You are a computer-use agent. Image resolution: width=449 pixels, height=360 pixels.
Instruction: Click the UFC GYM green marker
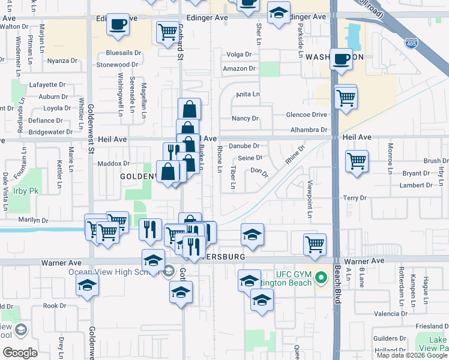[x=321, y=278]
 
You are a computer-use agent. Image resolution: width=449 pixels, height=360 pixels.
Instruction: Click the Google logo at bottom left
[x=20, y=352]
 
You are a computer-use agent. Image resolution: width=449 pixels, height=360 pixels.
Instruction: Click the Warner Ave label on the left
[x=61, y=263]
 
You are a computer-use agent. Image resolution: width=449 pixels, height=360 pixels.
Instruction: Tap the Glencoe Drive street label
[x=307, y=115]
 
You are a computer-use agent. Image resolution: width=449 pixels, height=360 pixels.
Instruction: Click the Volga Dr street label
[x=239, y=55]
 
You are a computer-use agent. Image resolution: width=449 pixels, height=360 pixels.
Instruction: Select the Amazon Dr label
[x=235, y=69]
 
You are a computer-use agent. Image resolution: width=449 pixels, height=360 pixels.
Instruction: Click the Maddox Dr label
[x=114, y=163]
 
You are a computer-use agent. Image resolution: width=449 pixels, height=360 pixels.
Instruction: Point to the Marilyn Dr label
[x=33, y=220]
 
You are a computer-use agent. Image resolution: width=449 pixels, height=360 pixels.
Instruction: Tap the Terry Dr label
[x=354, y=197]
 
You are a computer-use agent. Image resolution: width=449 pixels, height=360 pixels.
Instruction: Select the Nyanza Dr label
[x=62, y=61]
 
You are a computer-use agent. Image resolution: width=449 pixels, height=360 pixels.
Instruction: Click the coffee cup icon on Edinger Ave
[x=119, y=25]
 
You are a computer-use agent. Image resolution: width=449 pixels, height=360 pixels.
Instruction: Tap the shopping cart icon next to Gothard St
[x=168, y=32]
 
